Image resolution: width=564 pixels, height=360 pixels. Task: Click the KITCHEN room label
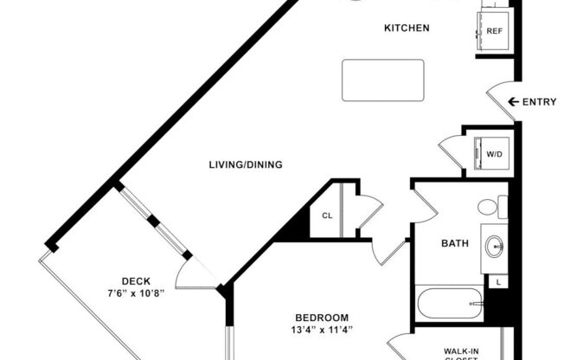point(407,29)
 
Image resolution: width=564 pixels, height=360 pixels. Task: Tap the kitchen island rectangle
point(382,80)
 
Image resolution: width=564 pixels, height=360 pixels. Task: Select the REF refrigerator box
point(494,31)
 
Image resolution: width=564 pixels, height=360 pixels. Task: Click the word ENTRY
point(540,102)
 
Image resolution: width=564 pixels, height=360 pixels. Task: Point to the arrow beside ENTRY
point(513,102)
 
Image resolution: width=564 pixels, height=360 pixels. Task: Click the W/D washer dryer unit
point(493,154)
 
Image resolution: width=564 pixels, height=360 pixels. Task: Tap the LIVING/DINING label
point(246,164)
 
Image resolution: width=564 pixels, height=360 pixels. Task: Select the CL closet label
point(327,215)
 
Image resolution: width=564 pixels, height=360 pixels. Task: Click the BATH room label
point(456,244)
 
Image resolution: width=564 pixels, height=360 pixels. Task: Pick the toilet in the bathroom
point(490,208)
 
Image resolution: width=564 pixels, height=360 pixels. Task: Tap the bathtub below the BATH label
point(449,304)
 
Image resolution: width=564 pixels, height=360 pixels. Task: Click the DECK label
point(137,280)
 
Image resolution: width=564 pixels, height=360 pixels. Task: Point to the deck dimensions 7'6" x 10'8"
point(137,292)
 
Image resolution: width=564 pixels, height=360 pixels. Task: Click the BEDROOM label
point(321,317)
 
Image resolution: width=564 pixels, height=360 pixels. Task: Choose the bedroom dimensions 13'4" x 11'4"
point(321,330)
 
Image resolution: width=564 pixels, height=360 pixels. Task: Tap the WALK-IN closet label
point(462,352)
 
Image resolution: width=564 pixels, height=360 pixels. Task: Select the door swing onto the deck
point(192,275)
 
